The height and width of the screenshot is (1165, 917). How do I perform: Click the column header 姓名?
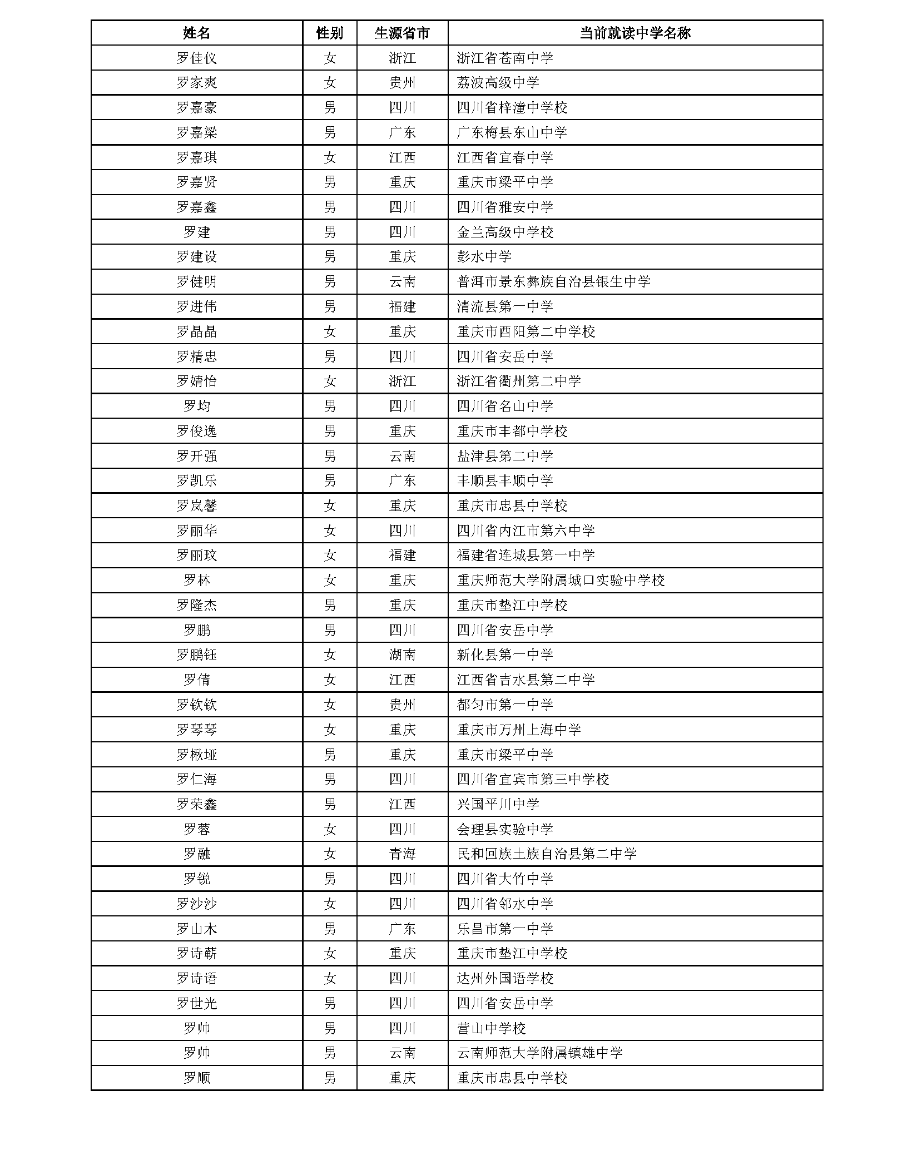[x=196, y=33]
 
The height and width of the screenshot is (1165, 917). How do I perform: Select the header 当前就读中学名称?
[x=635, y=33]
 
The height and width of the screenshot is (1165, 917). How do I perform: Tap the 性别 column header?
[x=330, y=33]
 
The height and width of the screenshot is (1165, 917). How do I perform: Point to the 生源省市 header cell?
[x=402, y=33]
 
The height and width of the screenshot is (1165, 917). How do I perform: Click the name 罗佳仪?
[x=196, y=58]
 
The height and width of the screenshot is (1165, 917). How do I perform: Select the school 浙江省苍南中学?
[x=505, y=58]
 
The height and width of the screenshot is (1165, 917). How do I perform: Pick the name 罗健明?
[x=196, y=282]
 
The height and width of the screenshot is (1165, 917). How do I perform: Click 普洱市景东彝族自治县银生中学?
[x=553, y=282]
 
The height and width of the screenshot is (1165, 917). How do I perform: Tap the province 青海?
[x=402, y=854]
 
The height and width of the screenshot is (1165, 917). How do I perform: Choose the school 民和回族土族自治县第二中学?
[x=547, y=854]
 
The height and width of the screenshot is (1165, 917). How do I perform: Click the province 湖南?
[x=402, y=655]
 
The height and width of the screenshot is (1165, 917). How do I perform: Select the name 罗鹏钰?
[x=196, y=655]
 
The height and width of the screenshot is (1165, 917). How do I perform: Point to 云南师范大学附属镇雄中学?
[x=539, y=1053]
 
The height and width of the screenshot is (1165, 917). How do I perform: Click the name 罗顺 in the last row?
[x=196, y=1078]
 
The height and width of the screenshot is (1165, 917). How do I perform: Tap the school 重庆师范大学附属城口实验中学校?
[x=561, y=580]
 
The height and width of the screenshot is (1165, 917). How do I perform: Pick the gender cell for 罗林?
[x=330, y=580]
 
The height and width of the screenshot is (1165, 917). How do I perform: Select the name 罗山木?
[x=196, y=929]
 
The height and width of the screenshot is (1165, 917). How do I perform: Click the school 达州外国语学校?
[x=505, y=978]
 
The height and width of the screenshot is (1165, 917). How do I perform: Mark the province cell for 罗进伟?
[x=402, y=306]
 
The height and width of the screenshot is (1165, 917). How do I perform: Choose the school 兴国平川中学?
[x=498, y=804]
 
